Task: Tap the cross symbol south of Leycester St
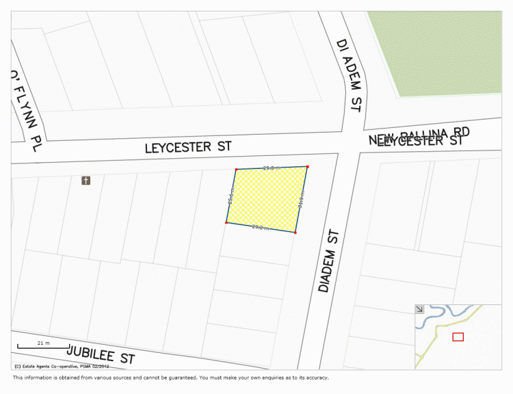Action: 86,181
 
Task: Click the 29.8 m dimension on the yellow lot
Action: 272,168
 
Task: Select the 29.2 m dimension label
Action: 260,227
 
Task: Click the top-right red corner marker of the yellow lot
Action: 307,166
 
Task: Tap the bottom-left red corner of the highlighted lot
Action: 226,222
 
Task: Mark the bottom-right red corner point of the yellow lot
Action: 295,233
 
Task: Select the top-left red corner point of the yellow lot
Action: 236,169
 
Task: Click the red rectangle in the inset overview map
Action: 458,337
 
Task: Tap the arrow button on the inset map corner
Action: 419,309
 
